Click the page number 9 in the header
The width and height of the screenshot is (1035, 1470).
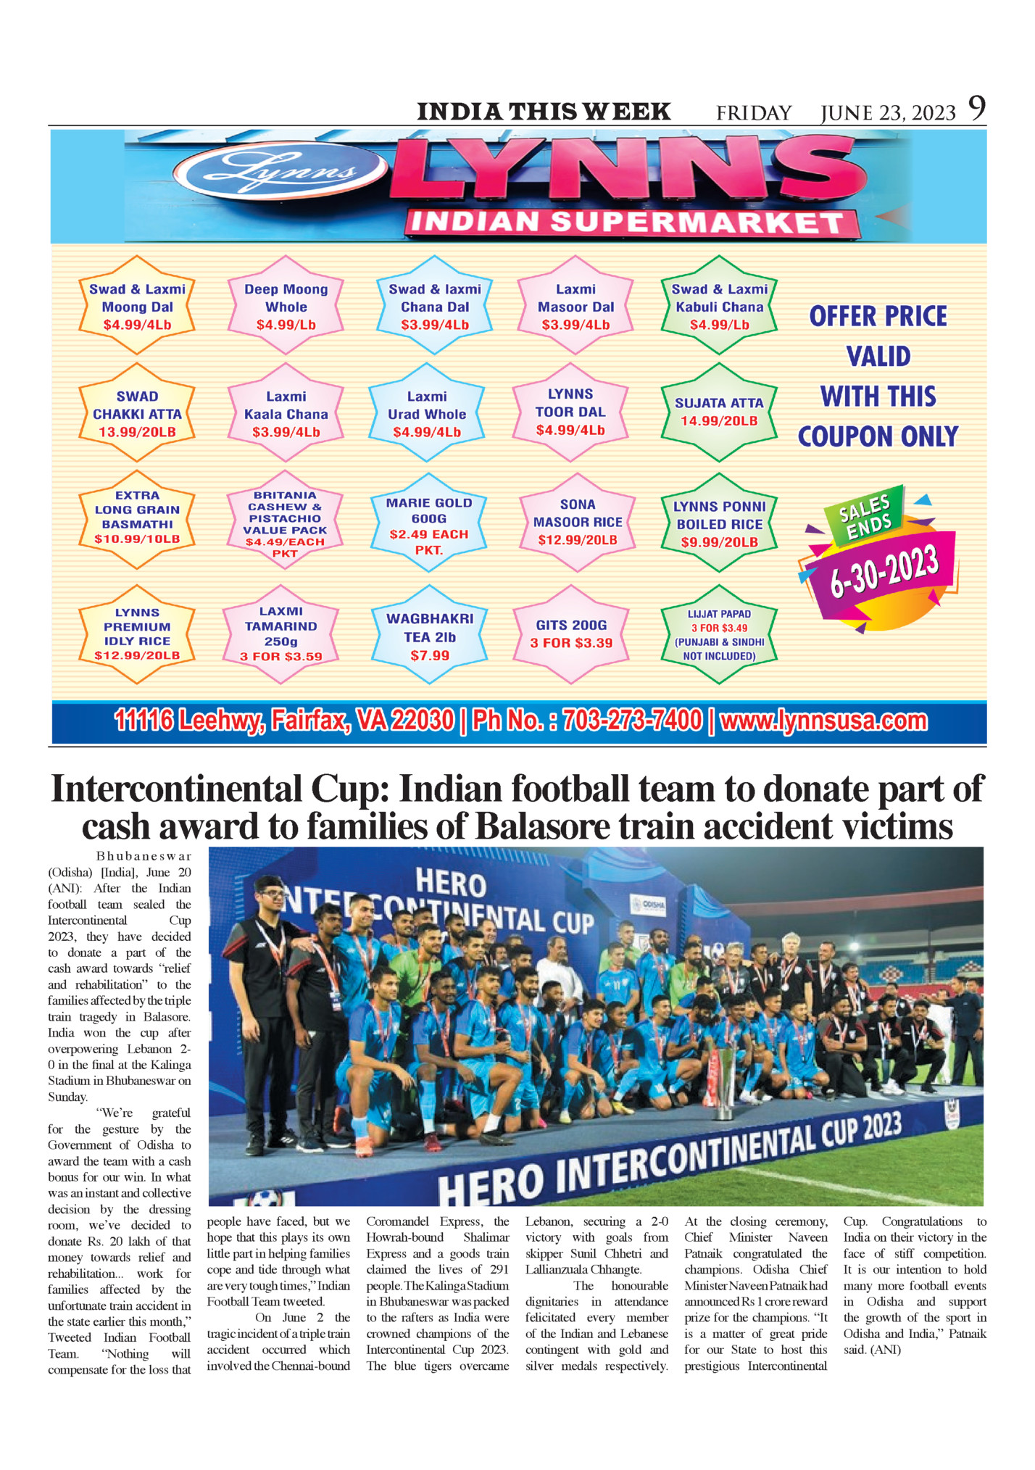(977, 109)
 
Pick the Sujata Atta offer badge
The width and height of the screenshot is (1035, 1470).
(719, 412)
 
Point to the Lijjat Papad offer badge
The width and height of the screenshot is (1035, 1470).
(719, 635)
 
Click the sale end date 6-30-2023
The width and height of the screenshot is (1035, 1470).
(884, 572)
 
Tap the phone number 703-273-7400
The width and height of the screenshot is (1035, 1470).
(632, 721)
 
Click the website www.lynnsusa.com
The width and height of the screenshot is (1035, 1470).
(824, 721)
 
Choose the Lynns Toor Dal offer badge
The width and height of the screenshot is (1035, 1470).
(570, 412)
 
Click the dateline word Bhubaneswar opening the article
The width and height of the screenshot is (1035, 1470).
(144, 856)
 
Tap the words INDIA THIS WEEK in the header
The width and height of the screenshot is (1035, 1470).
(544, 112)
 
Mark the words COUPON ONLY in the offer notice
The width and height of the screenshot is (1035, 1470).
(878, 436)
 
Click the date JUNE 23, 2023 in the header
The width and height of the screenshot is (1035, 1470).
(888, 113)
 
